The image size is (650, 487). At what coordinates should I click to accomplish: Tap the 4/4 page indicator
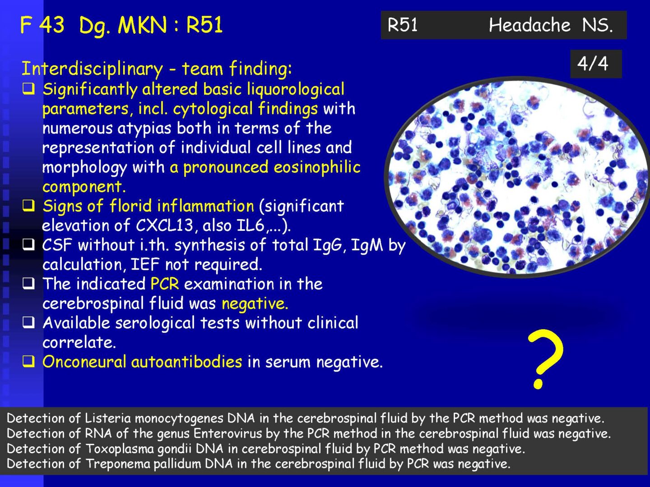click(593, 64)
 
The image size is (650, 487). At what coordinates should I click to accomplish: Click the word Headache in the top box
click(529, 25)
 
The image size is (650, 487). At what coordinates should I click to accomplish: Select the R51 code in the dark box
click(403, 25)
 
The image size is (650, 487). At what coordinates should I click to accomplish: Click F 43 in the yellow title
click(42, 25)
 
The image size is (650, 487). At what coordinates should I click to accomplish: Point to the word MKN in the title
click(143, 25)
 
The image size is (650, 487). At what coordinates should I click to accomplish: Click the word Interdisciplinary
click(92, 69)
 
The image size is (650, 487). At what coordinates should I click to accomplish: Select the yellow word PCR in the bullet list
click(165, 284)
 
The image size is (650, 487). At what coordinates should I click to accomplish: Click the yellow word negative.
click(255, 304)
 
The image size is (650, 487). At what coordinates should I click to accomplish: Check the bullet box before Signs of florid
click(29, 206)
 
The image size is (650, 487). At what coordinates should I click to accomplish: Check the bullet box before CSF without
click(29, 245)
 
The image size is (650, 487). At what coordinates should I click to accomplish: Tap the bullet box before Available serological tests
click(29, 322)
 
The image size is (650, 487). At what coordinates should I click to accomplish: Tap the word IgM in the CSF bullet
click(367, 245)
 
